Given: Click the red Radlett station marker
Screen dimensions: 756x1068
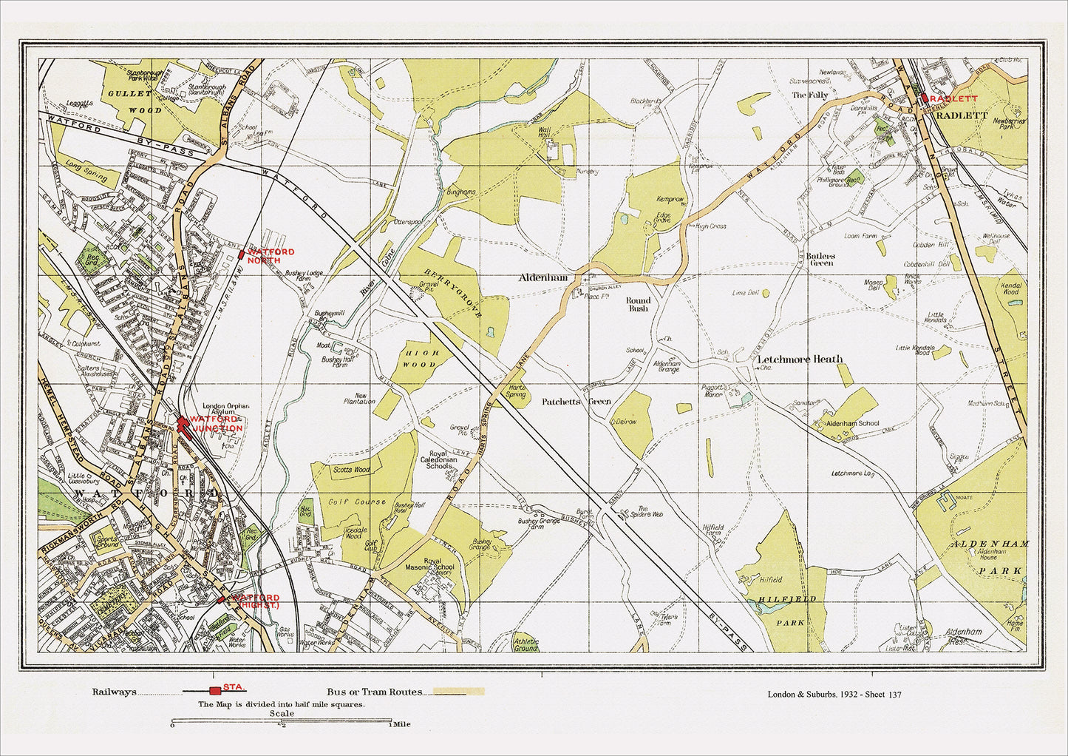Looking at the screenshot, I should point(924,98).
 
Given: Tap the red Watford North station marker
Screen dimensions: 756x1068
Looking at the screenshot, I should point(242,255).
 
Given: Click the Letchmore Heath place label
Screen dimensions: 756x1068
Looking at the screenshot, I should point(800,360).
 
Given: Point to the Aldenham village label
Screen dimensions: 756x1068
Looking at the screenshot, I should point(543,277).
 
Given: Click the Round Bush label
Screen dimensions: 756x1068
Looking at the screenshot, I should point(638,304).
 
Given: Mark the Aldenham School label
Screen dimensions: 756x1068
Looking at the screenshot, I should point(852,423).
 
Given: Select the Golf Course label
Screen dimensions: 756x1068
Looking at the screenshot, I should point(358,502).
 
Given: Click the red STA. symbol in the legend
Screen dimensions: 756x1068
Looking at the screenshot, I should point(215,691).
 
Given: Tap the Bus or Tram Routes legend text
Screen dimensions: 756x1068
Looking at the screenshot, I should point(370,692).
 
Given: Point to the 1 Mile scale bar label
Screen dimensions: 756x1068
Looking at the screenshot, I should point(401,724).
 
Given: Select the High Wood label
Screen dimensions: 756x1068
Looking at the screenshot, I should point(422,359).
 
